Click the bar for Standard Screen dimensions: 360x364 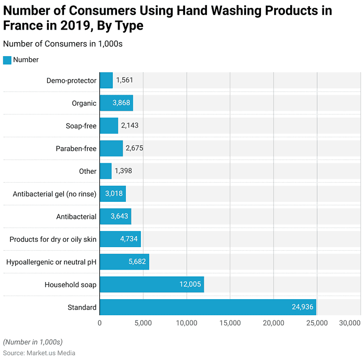point(207,307)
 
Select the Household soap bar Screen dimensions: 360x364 point(151,285)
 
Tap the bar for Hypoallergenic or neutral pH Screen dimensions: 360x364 point(124,262)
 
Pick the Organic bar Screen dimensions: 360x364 point(116,103)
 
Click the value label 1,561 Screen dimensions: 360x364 point(125,80)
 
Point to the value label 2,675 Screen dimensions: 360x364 point(134,148)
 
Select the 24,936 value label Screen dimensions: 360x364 point(302,307)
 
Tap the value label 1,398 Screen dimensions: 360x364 point(124,171)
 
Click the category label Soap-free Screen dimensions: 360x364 point(81,126)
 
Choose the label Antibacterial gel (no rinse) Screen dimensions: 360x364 point(55,194)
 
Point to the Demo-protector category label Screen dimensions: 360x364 point(71,81)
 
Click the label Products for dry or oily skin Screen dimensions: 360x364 point(53,239)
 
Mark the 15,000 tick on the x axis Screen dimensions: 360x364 point(230,323)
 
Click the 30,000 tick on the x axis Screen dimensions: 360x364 point(349,323)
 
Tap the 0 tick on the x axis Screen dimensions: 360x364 point(100,323)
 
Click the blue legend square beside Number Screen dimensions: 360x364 point(7,60)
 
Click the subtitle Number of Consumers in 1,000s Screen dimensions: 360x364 point(62,44)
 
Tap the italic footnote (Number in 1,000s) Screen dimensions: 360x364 point(32,342)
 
